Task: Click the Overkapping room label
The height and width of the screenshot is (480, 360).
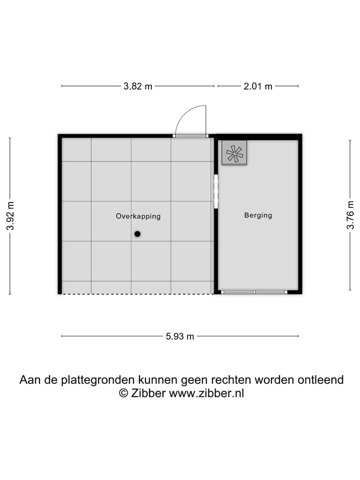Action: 138,216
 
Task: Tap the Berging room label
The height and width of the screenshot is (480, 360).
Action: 258,215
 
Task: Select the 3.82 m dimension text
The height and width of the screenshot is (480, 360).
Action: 138,86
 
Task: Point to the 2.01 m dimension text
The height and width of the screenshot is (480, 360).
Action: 258,86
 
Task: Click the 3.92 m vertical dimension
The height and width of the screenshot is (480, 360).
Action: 10,215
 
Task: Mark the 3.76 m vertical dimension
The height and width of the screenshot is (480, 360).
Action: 350,215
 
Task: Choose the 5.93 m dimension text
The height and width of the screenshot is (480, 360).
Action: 180,336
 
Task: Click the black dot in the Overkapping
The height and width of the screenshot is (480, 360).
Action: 137,233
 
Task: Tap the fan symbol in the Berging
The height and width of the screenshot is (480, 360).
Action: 234,153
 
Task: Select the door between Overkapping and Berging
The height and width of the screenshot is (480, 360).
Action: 216,191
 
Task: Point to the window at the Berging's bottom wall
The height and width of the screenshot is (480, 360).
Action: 254,291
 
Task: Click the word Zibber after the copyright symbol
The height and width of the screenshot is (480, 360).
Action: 148,393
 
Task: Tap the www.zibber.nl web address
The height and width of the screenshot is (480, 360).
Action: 206,393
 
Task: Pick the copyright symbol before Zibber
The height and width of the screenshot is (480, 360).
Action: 123,393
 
